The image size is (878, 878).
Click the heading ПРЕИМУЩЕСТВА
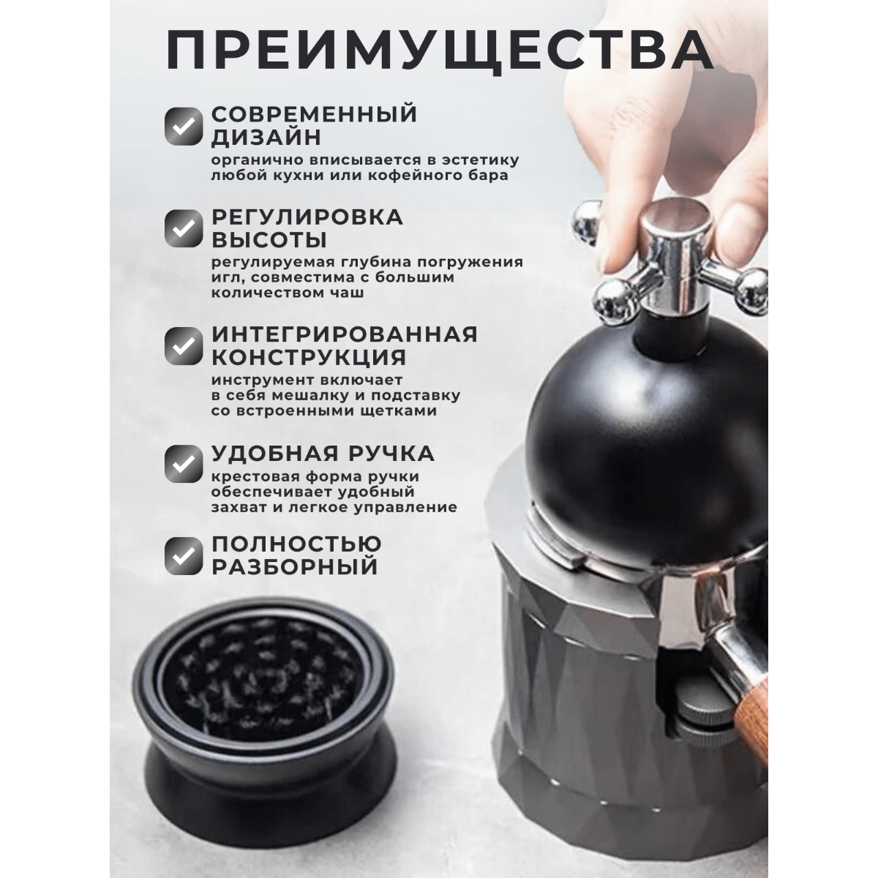440,52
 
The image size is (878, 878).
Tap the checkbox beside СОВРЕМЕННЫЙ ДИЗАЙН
184,126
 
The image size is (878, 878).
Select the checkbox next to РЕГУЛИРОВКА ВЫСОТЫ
184,229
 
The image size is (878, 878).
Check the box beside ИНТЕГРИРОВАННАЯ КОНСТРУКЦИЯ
184,346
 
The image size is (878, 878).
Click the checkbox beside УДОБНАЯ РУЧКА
184,464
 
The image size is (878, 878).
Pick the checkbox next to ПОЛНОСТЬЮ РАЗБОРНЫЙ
184,556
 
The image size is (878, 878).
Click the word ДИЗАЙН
266,137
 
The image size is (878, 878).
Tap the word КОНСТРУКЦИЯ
309,357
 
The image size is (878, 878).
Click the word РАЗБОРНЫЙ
295,566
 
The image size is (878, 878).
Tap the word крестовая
258,477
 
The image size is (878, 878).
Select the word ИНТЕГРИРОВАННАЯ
345,334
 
